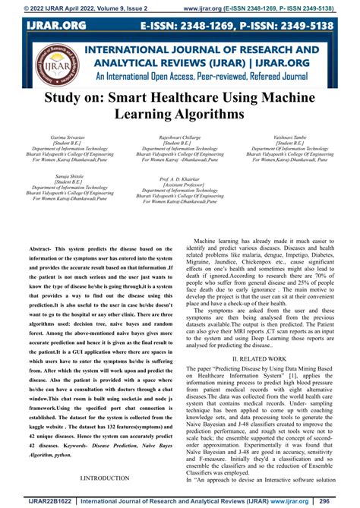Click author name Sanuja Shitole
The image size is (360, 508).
(x=68, y=176)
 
